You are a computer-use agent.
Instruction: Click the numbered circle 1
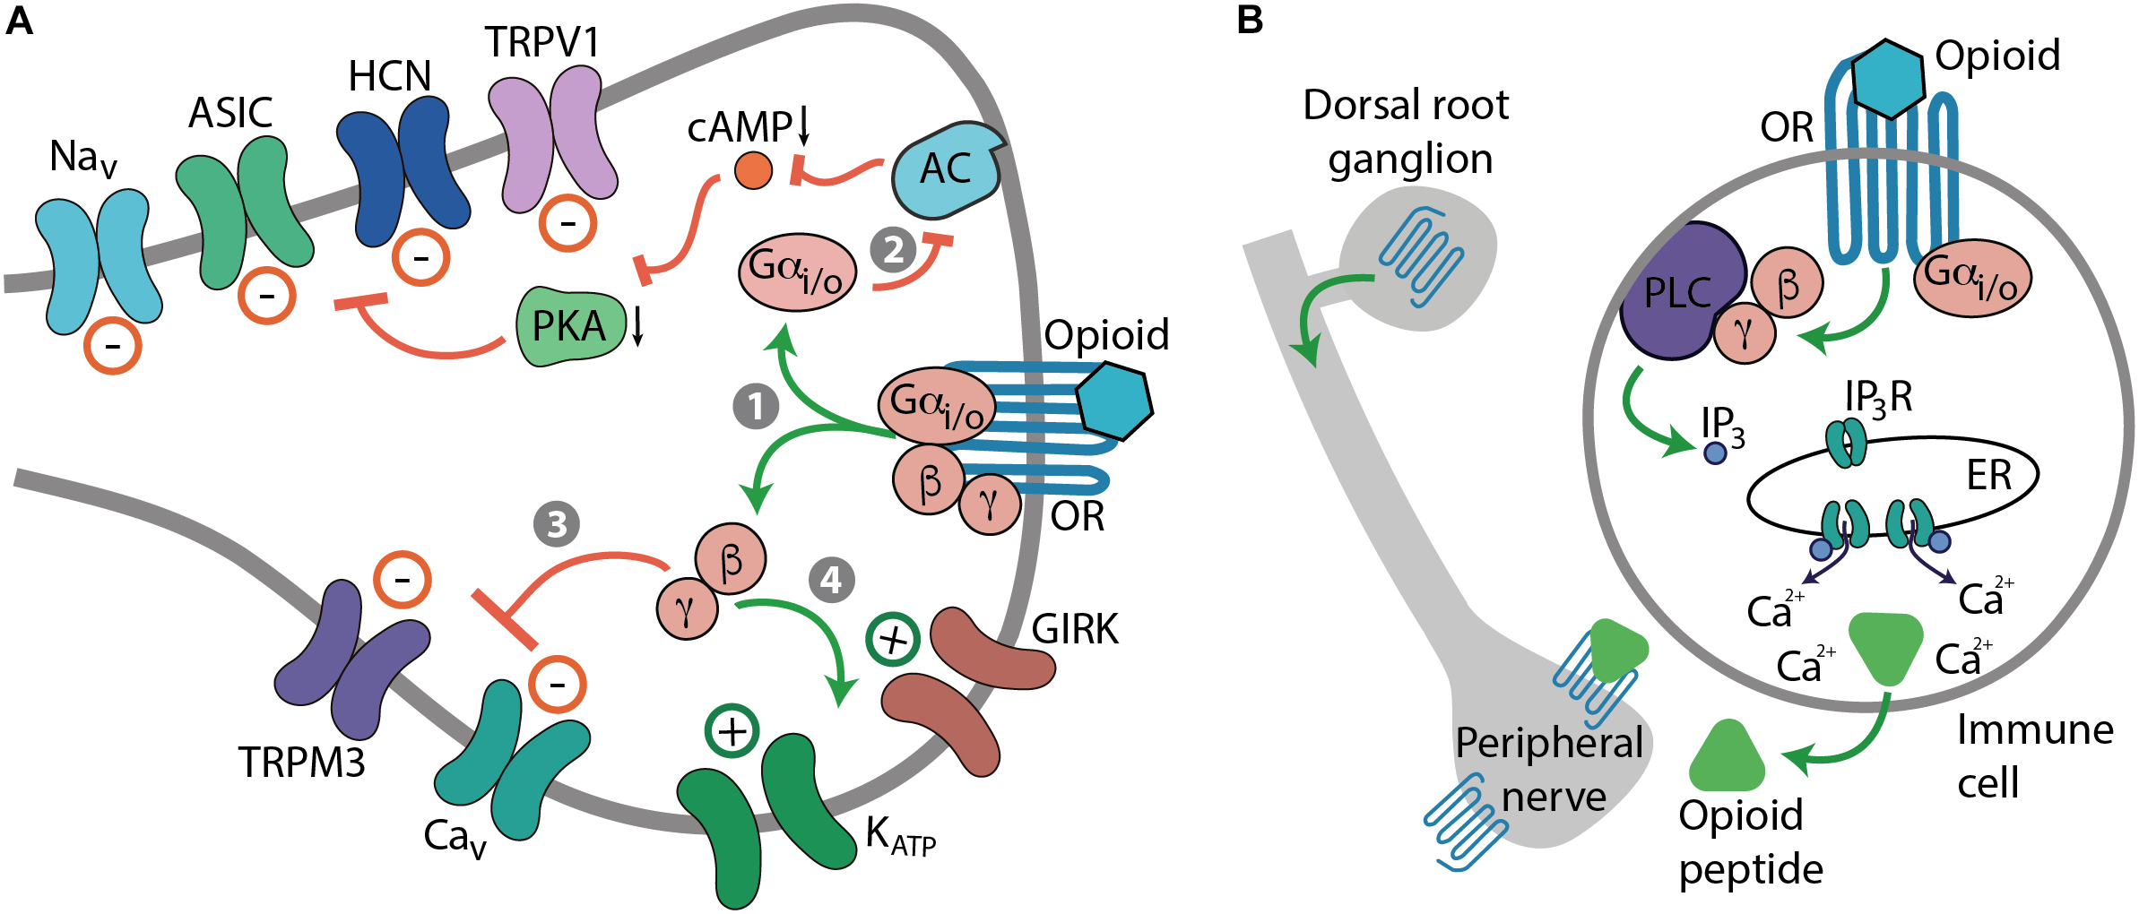click(756, 406)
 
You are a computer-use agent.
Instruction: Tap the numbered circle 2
click(893, 249)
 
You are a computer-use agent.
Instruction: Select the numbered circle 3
click(557, 524)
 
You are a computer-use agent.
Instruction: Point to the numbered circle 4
click(831, 580)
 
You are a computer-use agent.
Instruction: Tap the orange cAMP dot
click(753, 170)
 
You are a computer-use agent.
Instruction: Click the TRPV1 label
click(541, 42)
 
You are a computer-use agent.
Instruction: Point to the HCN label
click(389, 76)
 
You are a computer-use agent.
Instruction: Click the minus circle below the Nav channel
click(112, 346)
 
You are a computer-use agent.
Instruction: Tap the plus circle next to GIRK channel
click(892, 639)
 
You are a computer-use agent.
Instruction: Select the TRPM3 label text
click(301, 763)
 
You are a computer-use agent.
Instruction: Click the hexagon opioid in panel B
click(1887, 80)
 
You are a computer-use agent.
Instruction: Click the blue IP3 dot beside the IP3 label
click(1714, 453)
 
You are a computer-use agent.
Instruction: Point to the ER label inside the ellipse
click(1988, 475)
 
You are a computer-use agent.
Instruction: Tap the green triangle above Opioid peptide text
click(1727, 758)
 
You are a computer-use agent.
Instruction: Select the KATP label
click(900, 837)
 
